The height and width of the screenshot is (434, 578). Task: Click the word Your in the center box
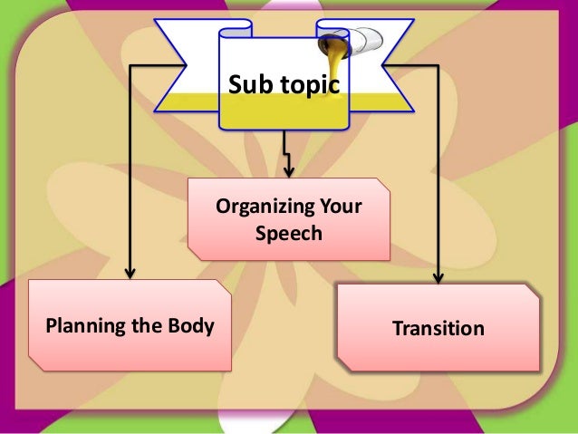coord(338,209)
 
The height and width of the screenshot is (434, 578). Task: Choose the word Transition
coord(438,328)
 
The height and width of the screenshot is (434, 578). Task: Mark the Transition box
coord(438,327)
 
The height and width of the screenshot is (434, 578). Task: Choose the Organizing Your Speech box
coord(288,220)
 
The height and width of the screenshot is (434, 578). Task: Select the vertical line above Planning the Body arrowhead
coord(130,172)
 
